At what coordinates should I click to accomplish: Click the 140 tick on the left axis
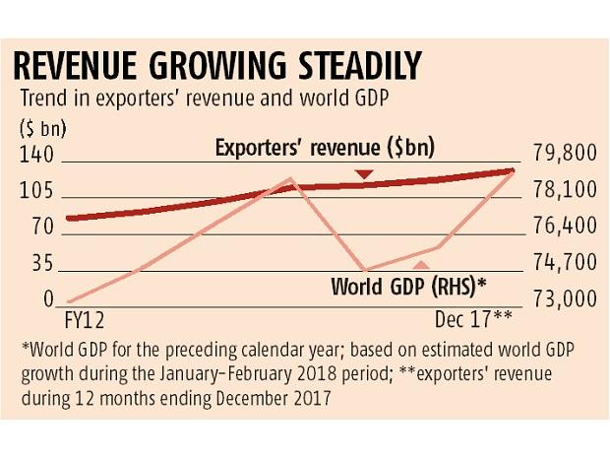35,156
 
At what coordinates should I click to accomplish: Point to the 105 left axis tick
35,191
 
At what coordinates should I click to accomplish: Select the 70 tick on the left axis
40,228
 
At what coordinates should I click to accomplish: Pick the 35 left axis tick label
40,264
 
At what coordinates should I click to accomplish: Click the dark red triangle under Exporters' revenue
365,174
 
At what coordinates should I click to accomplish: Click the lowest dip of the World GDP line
366,270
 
